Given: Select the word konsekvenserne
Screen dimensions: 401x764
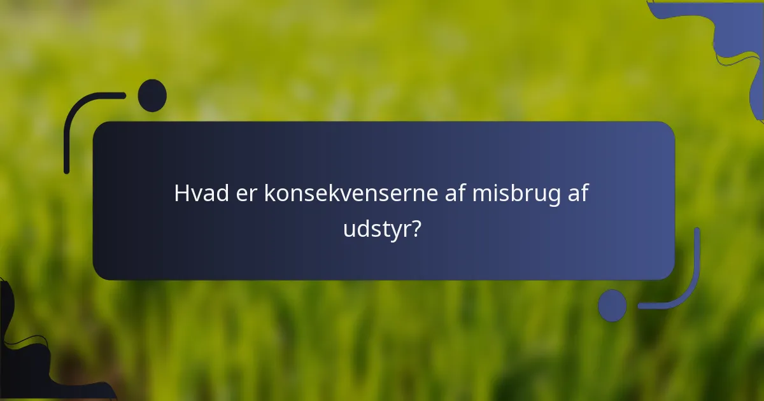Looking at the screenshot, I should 350,194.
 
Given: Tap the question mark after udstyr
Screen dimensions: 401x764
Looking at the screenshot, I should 414,228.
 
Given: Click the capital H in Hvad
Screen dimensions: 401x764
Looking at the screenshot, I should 181,194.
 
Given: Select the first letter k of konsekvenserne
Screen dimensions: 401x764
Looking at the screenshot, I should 269,194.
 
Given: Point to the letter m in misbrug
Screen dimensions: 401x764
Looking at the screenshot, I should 482,195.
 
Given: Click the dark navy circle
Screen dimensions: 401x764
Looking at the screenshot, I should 152,95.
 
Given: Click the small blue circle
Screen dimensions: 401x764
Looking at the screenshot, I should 612,306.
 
